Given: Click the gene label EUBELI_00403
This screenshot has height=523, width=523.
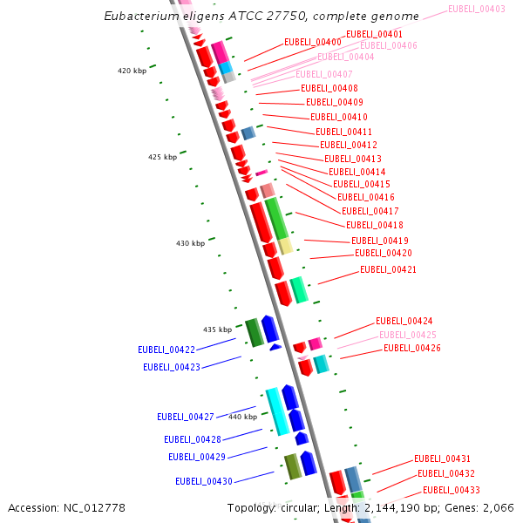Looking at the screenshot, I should (x=476, y=9).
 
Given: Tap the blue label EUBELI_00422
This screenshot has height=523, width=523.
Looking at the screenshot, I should (x=166, y=350).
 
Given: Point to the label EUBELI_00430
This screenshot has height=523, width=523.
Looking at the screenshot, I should (x=203, y=481).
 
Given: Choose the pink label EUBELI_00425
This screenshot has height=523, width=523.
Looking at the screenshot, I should (x=407, y=335).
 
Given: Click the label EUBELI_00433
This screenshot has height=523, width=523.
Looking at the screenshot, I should (x=452, y=490).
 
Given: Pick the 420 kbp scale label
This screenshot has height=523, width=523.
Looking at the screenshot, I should (x=132, y=71).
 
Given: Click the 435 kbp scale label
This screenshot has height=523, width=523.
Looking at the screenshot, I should (x=218, y=329).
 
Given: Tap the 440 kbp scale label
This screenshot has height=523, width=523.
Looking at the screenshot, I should (x=243, y=417).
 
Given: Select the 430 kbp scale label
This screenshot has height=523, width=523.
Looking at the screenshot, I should (x=191, y=243).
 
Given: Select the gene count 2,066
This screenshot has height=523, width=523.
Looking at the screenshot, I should (x=497, y=507).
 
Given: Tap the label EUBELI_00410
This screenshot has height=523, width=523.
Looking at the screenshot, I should (x=339, y=117).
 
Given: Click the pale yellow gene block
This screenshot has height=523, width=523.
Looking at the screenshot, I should (x=285, y=246).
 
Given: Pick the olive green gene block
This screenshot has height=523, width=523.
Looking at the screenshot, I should (x=293, y=466).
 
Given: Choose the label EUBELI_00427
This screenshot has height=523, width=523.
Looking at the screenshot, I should (x=186, y=417).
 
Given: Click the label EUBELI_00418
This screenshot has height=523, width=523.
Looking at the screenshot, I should (x=374, y=225).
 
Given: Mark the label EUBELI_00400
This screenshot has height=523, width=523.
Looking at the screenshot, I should (x=313, y=42).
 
